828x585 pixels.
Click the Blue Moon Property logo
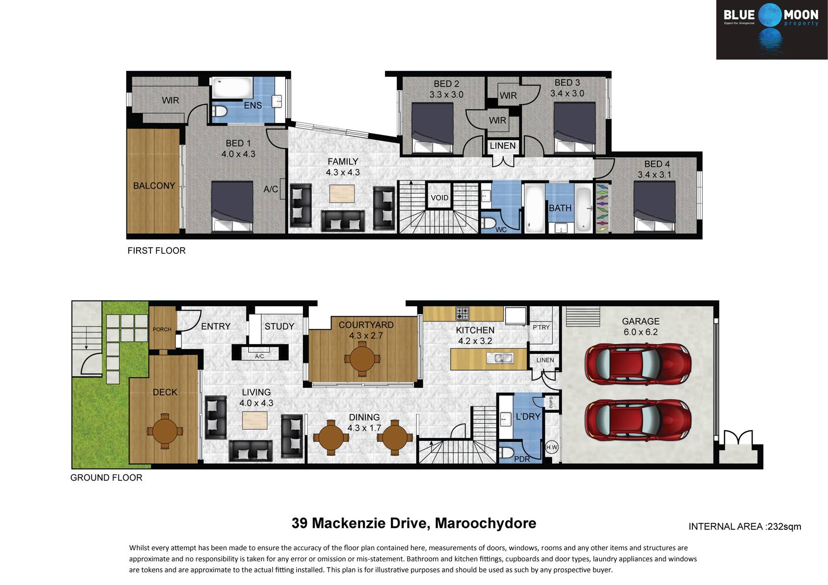[x=772, y=29]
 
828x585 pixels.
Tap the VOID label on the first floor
[x=440, y=198]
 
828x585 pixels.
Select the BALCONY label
[x=154, y=185]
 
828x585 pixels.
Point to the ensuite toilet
[x=220, y=111]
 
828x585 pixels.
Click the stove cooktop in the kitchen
[x=462, y=314]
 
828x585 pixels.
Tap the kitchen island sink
[x=500, y=358]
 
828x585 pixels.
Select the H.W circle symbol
[x=552, y=447]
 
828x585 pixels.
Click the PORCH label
[x=162, y=329]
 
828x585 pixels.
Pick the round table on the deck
[x=165, y=431]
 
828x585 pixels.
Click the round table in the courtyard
[x=362, y=359]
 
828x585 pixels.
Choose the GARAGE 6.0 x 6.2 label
[x=641, y=327]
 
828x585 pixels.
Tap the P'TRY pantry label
[x=541, y=327]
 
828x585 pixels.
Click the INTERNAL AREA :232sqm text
[x=745, y=526]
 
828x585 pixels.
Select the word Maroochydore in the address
[x=485, y=523]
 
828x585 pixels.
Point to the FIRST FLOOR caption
[x=156, y=251]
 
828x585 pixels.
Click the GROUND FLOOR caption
[x=106, y=477]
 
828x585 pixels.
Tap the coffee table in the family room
[x=342, y=194]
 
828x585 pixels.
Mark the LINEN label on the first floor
[x=503, y=146]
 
